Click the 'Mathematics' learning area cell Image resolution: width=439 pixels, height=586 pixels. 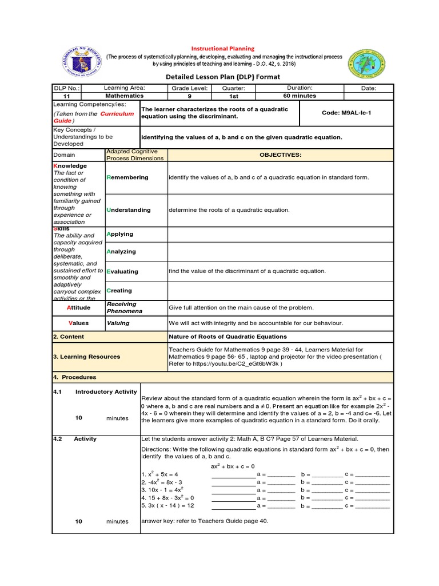[124, 96]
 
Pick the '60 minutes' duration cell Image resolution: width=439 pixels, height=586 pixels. [300, 96]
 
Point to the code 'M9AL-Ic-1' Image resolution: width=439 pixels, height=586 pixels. [346, 113]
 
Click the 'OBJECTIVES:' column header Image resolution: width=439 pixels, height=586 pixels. [280, 155]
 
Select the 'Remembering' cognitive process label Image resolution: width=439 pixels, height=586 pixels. [127, 177]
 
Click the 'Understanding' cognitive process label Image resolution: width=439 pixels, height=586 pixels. [129, 210]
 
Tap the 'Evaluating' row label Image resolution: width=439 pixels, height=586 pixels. [122, 272]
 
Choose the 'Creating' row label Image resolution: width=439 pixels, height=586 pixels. [119, 291]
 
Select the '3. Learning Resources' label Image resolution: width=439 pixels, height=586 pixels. [86, 357]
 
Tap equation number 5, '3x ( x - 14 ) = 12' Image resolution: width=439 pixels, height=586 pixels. [167, 506]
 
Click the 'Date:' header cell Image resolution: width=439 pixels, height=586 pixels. [369, 88]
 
